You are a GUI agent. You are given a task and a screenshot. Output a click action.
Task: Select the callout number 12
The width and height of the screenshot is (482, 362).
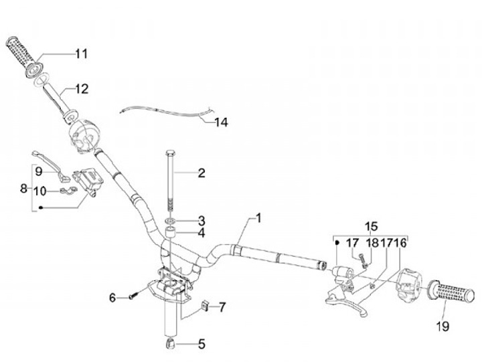(x=81, y=88)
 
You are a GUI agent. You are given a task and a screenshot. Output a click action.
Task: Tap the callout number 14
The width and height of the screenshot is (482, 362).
(x=221, y=122)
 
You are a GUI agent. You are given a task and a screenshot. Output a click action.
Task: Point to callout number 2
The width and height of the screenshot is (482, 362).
(x=201, y=173)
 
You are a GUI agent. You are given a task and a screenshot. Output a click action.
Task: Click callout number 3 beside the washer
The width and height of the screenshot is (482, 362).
(x=201, y=219)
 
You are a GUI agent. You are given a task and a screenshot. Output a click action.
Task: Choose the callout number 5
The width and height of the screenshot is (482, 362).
(x=201, y=345)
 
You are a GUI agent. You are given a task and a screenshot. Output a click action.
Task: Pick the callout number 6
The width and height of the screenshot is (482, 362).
(x=113, y=297)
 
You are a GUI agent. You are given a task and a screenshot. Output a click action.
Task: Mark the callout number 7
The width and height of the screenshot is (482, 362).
(x=222, y=307)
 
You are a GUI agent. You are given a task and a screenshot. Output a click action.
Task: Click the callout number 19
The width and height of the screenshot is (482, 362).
(x=442, y=327)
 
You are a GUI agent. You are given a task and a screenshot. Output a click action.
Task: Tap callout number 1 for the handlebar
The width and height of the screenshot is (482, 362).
(x=258, y=218)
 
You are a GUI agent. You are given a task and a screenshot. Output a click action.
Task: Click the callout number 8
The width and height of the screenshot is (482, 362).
(x=24, y=189)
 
